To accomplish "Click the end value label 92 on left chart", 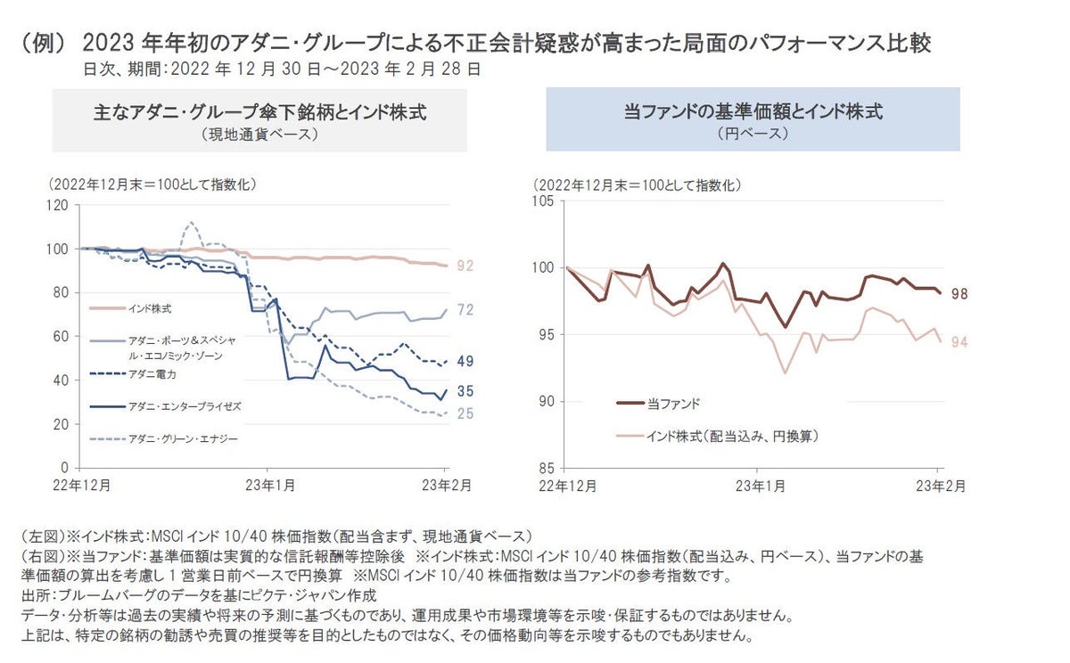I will [465, 266].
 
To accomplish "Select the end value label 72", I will [465, 310].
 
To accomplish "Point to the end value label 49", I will [465, 361].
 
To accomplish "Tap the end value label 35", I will [465, 391].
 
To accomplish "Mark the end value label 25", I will [465, 413].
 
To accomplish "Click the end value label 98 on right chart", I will [959, 294].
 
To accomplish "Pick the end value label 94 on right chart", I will [959, 342].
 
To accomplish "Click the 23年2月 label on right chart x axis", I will [939, 486].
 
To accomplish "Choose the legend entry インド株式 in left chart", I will [148, 308].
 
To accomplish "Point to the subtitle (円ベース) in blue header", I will [753, 134].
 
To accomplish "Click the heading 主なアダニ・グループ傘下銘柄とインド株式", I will [259, 112].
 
